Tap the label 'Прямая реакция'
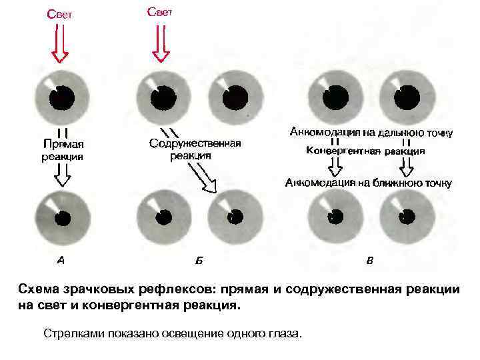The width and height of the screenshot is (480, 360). click(x=63, y=150)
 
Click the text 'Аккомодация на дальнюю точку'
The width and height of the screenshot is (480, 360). click(x=371, y=132)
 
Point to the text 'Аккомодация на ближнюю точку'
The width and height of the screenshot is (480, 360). click(x=369, y=182)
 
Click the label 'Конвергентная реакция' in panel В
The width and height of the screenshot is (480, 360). click(x=365, y=151)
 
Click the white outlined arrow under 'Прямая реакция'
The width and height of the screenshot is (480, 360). click(x=62, y=177)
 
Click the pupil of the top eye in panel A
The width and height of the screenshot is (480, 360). click(x=63, y=97)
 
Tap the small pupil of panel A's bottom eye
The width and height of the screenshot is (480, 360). click(x=63, y=218)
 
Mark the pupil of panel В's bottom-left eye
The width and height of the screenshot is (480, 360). click(x=335, y=217)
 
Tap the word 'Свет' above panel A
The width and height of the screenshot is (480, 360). click(x=59, y=14)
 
